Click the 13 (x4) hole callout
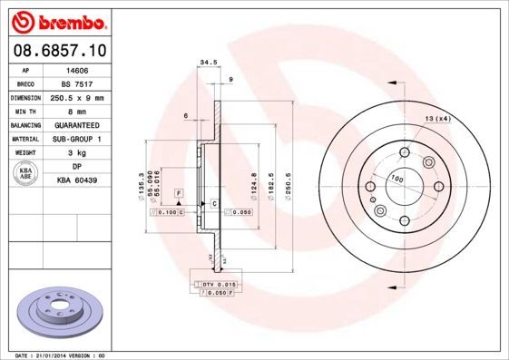pos(437,120)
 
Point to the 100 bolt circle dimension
pos(396,178)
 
